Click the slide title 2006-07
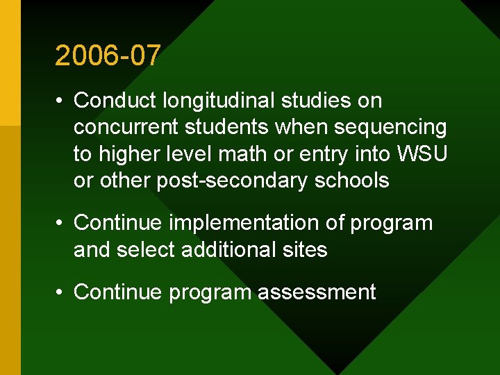(108, 56)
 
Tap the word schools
(353, 181)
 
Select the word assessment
(317, 292)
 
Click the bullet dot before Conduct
(60, 102)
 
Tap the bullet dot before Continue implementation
(60, 224)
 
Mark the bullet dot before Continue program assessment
(60, 292)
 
